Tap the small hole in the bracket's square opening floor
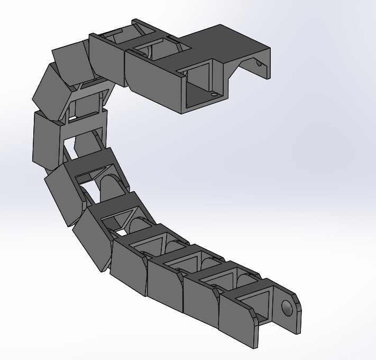coord(214,96)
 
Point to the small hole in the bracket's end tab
coord(258,63)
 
